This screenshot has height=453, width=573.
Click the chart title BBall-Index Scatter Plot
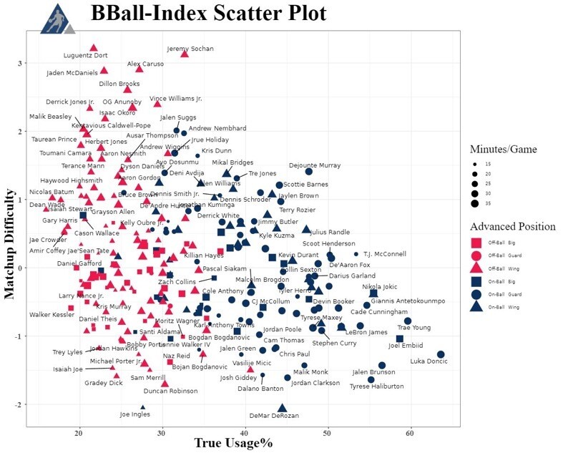(208, 14)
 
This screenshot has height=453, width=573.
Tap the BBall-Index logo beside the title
(56, 18)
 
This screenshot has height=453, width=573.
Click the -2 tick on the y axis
(19, 404)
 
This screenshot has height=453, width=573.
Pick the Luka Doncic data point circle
(441, 354)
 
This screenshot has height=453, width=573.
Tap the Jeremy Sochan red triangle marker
(185, 54)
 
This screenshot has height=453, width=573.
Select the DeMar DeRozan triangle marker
(282, 407)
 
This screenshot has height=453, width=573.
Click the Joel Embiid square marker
(400, 338)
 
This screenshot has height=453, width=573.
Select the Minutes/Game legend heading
(503, 149)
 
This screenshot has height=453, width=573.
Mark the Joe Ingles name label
(135, 414)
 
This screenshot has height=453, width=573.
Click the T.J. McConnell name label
(384, 254)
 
